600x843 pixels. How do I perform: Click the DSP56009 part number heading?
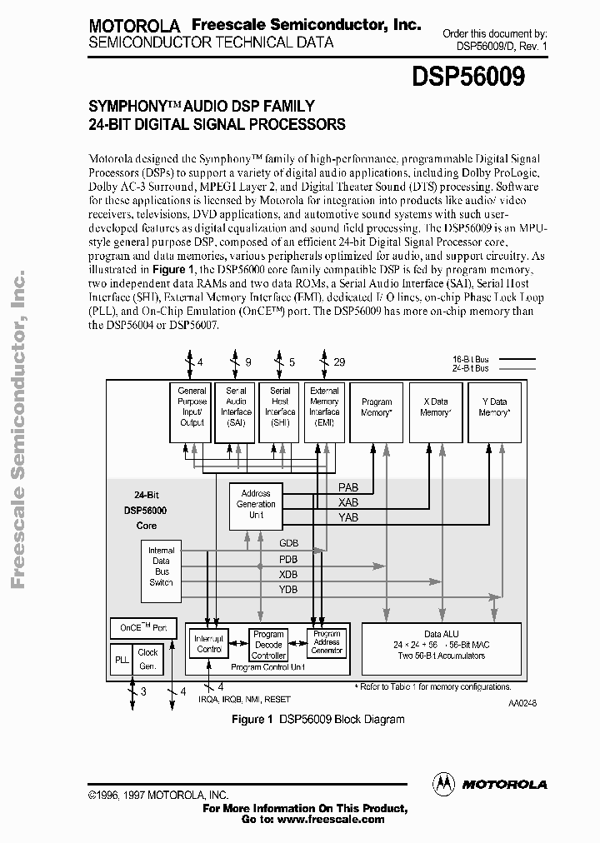click(468, 77)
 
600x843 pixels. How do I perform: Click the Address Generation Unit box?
click(256, 503)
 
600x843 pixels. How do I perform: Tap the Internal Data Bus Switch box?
click(161, 566)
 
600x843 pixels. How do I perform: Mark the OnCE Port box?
click(143, 627)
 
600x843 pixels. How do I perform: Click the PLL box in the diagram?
click(121, 658)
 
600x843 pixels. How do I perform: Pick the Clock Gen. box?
click(147, 658)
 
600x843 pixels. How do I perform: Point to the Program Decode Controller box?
click(268, 644)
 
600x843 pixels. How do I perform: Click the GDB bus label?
click(288, 543)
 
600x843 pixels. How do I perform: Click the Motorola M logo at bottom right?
click(444, 783)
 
